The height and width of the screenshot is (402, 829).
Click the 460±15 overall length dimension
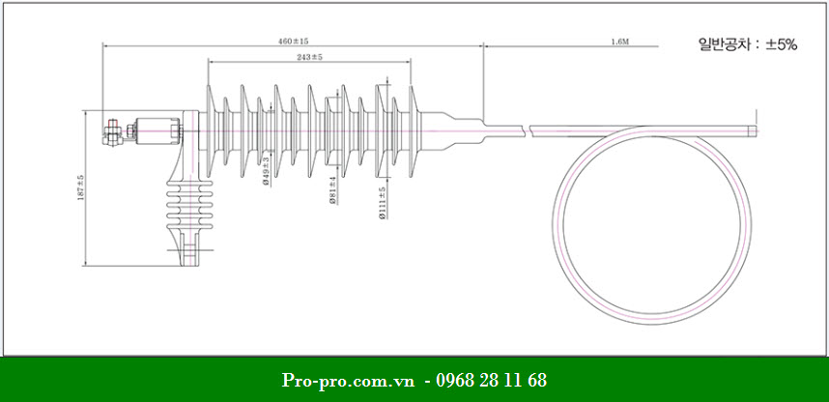(x=293, y=42)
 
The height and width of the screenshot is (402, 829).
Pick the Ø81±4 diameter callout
(x=332, y=190)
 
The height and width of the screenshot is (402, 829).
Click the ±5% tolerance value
(x=781, y=43)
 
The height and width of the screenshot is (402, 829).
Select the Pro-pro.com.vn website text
(x=350, y=380)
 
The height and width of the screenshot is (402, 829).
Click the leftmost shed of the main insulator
(x=209, y=127)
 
